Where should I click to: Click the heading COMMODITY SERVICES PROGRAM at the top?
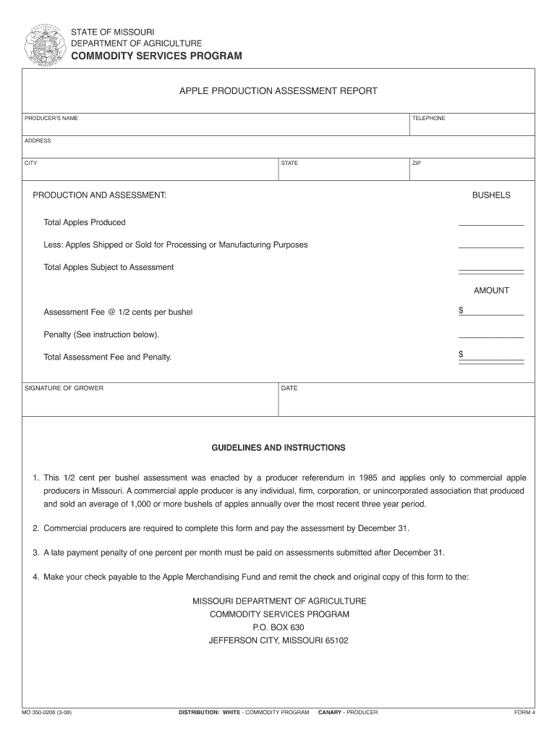(156, 56)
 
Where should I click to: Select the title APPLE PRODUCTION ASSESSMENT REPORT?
(278, 91)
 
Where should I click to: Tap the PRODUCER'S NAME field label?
(51, 118)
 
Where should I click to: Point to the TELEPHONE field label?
(428, 118)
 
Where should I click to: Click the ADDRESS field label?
(38, 140)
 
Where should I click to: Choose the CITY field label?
(31, 163)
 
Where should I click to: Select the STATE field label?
(289, 163)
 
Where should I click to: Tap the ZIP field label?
(417, 163)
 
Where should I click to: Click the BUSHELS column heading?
(491, 195)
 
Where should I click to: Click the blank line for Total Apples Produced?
(491, 224)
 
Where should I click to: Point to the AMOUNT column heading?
(491, 290)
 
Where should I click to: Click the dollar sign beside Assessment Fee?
(461, 310)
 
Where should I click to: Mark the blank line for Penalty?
(491, 337)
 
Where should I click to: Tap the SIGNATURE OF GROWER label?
(64, 389)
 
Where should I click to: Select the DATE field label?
(289, 389)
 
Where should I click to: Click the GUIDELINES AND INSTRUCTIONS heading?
(278, 448)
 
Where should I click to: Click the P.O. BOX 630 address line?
(278, 627)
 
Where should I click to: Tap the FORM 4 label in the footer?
(524, 713)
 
